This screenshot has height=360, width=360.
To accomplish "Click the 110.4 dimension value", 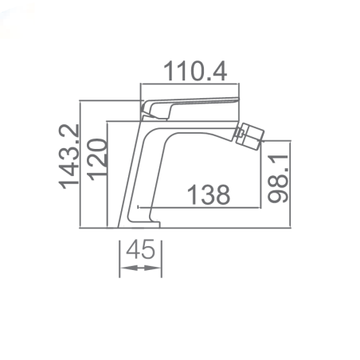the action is point(195,71).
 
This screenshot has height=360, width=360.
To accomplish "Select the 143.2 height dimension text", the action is point(69,157).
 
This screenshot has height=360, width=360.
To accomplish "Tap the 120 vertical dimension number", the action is point(97,159).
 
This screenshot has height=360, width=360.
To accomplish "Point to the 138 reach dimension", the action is point(209,195).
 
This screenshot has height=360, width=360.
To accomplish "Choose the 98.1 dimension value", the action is point(278,178).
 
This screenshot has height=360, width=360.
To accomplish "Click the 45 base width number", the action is point(140,249).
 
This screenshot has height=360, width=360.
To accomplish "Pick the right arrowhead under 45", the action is point(153,268).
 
